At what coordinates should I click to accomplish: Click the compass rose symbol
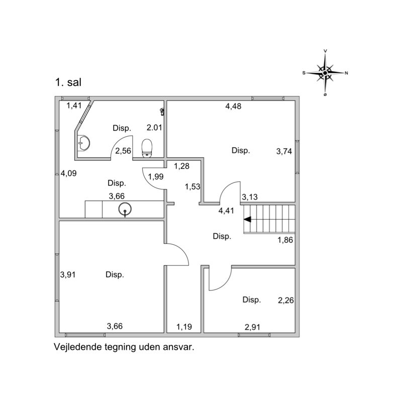point(325,73)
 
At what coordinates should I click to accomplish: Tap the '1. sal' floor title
point(68,82)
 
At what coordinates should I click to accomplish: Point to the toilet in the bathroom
point(147,148)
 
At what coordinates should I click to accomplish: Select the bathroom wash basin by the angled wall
point(83,143)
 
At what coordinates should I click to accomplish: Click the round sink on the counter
point(125,210)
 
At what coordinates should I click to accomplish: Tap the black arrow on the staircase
point(247,220)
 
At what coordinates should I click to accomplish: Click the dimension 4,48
point(233,106)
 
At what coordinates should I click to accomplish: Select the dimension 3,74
point(284,151)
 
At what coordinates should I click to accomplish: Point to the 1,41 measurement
point(74,106)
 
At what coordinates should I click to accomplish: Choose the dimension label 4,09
point(68,173)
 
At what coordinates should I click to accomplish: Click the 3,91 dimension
point(68,274)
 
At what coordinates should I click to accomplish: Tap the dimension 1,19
point(184,327)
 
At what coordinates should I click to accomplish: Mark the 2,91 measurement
point(253,327)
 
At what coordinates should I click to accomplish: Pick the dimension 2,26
point(286,300)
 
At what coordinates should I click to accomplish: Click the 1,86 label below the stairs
point(285,240)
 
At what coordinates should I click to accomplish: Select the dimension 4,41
point(226,211)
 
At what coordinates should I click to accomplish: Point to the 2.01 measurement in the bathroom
point(154,128)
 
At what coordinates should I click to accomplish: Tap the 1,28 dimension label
point(182,166)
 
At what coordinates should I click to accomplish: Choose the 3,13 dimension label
point(250,197)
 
